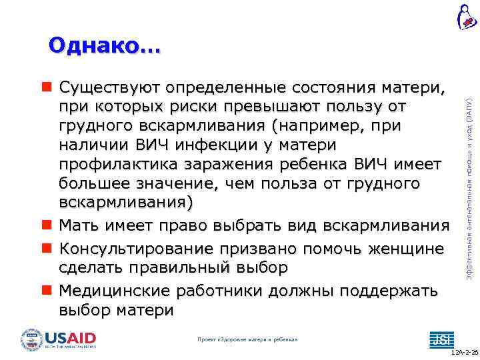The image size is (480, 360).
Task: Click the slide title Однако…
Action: click(x=105, y=45)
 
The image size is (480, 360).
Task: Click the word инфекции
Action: click(x=221, y=145)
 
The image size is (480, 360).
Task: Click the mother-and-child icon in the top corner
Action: click(x=465, y=16)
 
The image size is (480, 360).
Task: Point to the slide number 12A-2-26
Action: click(x=464, y=351)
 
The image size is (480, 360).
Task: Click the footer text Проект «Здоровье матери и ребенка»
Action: click(x=247, y=340)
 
